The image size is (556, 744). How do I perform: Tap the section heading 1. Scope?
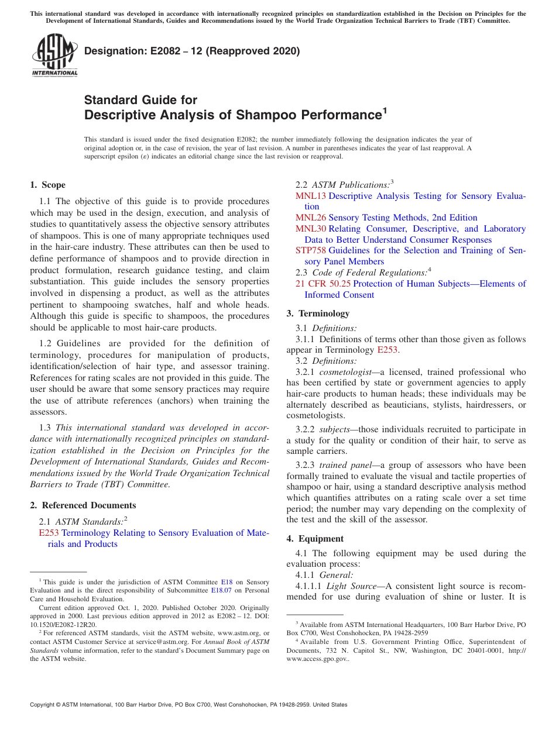tap(47, 185)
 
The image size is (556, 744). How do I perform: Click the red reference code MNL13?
tap(310, 196)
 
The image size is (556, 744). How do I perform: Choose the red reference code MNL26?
tap(310, 218)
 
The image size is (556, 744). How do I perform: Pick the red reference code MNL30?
tap(310, 229)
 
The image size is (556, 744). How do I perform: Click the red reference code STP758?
tap(310, 250)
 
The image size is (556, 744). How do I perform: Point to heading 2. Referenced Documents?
tap(83, 505)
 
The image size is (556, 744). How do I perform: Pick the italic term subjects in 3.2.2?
tap(335, 430)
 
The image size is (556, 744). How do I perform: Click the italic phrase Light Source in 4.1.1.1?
tap(351, 586)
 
